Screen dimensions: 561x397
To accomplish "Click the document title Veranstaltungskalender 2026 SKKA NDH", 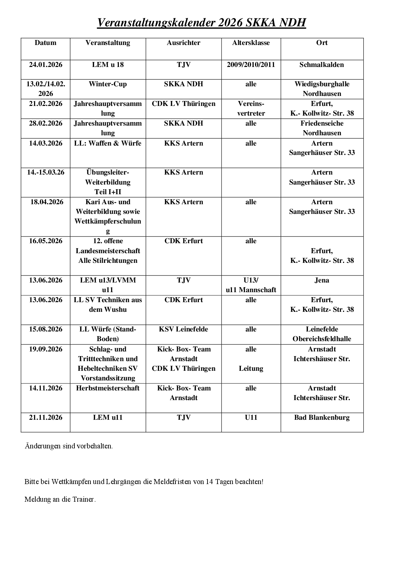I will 201,23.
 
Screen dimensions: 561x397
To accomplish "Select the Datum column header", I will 45,43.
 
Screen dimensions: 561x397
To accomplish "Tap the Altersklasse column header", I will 251,43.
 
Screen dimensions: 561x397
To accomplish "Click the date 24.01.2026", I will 45,65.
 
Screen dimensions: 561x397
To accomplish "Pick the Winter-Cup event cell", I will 108,84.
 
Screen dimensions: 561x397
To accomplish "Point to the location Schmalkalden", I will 322,65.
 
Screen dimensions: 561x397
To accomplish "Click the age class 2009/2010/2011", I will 251,65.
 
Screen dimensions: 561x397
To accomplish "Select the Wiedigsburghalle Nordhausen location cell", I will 322,89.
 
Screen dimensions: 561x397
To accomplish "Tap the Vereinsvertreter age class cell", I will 251,108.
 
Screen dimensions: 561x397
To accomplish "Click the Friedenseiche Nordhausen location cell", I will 322,128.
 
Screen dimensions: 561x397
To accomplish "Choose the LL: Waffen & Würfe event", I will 108,143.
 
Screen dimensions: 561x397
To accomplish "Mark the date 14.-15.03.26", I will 45,172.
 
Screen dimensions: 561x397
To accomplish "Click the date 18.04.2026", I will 46,202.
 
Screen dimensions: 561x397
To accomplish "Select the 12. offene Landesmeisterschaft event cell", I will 108,251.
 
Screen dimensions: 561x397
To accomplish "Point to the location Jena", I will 322,280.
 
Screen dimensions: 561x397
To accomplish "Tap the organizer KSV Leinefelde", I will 183,329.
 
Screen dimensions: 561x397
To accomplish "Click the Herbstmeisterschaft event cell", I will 108,388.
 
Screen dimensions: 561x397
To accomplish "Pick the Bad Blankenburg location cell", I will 322,417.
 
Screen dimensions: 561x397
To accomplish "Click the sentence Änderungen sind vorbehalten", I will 69,446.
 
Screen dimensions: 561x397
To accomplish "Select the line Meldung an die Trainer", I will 60,499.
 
